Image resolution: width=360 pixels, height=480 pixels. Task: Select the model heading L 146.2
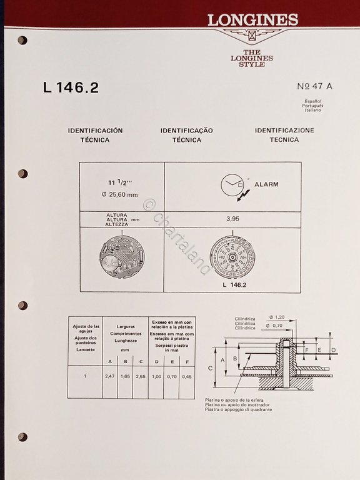71,88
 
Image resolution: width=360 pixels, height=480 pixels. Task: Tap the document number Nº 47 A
315,87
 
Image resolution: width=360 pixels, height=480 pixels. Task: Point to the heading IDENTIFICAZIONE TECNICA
284,135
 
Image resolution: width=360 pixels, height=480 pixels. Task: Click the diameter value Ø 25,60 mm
122,195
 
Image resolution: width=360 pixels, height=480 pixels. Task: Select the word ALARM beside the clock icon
266,184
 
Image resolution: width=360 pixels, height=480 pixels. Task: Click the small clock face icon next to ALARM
231,184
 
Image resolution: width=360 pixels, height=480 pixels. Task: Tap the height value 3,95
233,219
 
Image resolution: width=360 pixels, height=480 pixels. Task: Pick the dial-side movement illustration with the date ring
232,257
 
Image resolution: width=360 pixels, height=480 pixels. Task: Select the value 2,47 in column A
110,376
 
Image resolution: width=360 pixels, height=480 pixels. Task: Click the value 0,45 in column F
187,376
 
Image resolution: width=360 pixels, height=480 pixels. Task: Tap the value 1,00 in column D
156,376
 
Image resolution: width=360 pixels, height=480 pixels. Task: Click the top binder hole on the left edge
22,40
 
